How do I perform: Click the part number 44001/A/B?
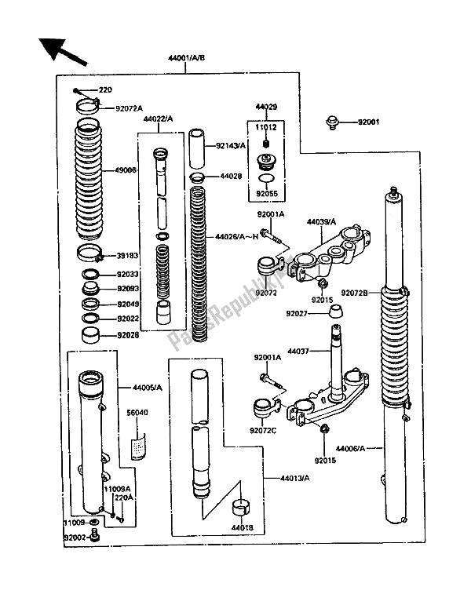185,57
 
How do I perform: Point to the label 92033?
127,275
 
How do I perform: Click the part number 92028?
127,335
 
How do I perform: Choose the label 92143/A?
232,145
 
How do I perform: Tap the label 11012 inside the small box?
266,126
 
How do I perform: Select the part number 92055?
266,189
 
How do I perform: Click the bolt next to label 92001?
332,122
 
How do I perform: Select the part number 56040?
138,410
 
